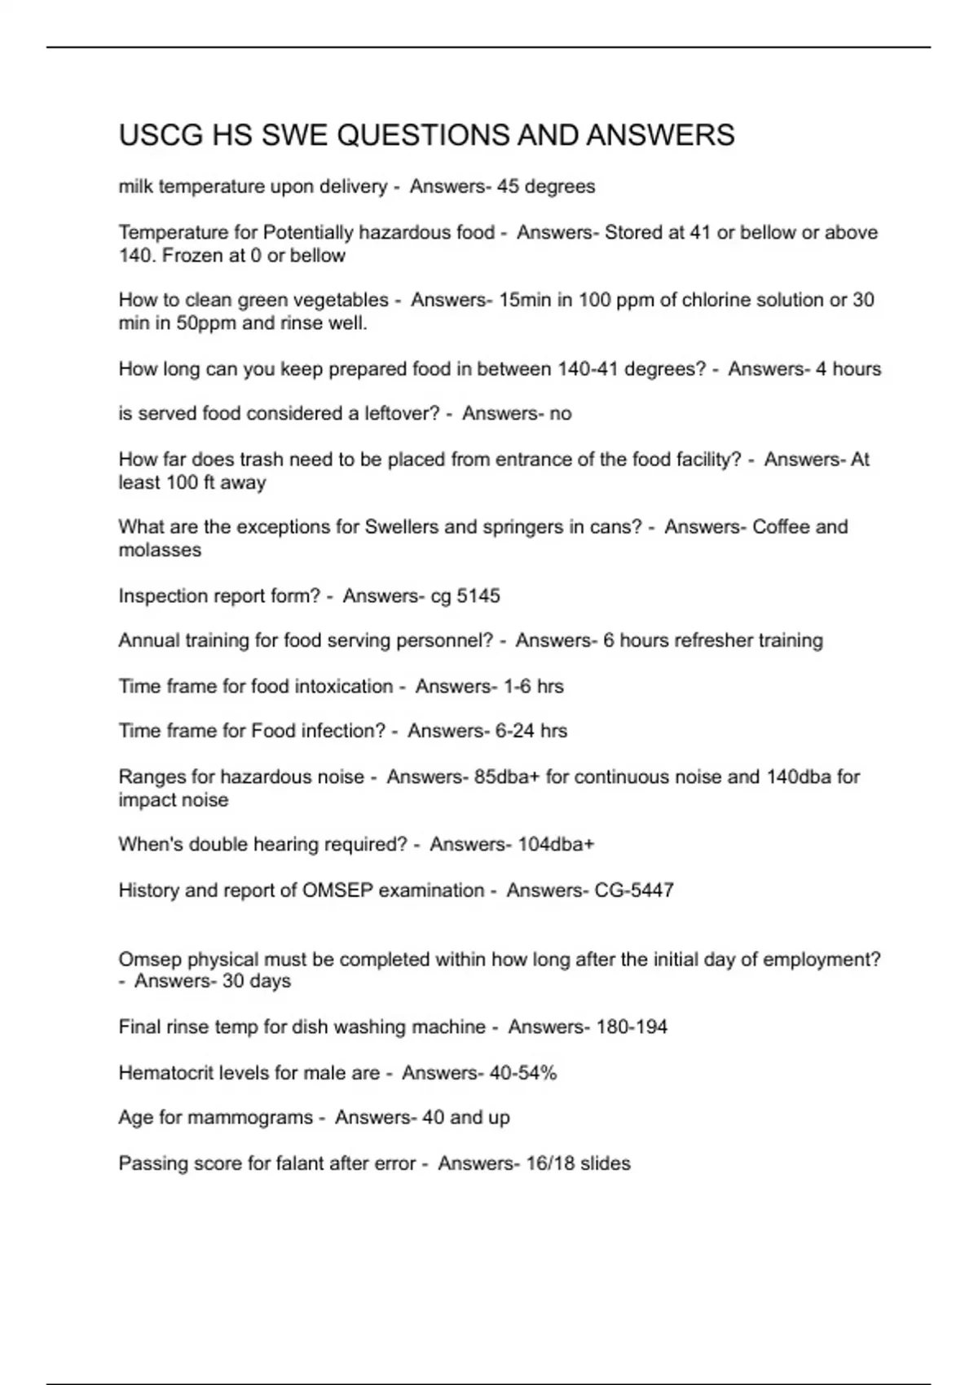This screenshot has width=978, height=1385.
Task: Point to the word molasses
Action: point(160,550)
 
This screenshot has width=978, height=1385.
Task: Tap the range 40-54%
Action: point(523,1073)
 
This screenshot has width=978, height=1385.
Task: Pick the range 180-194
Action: point(632,1027)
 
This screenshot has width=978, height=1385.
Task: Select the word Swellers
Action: point(401,527)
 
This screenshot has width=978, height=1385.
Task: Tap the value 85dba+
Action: point(507,776)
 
